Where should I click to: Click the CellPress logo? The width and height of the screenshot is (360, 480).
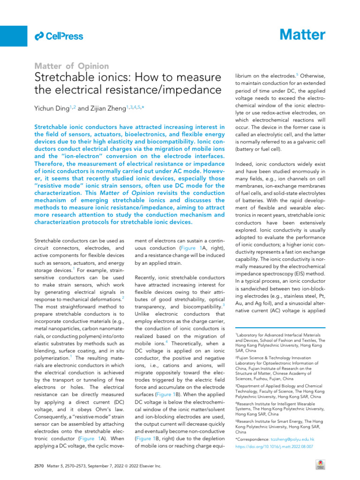(59, 36)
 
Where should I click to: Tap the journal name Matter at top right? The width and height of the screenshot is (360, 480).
(302, 35)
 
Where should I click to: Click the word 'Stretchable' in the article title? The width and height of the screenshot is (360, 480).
(62, 78)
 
